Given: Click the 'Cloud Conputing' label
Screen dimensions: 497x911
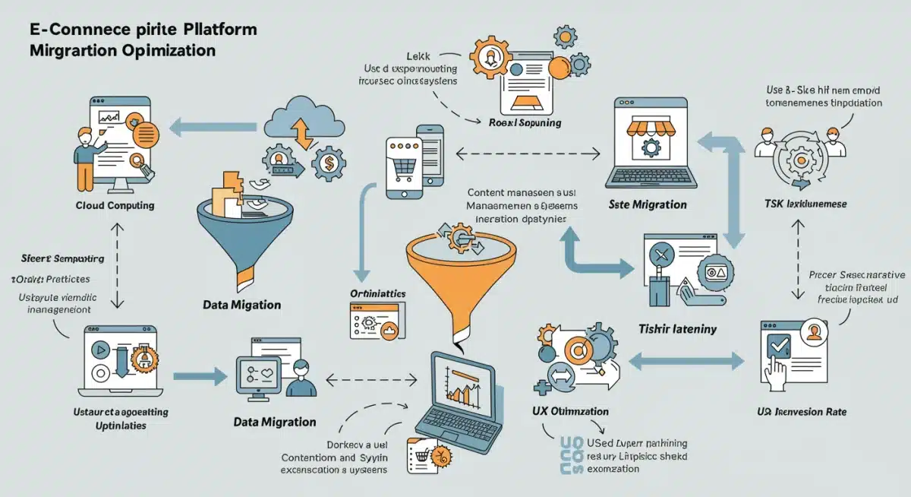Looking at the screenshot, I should pos(115,205).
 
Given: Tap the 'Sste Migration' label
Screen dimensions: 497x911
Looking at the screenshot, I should pos(648,204).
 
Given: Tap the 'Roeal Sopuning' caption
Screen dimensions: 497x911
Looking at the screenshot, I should pos(525,122).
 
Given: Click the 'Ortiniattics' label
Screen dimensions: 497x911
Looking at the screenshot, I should pos(377,293).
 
